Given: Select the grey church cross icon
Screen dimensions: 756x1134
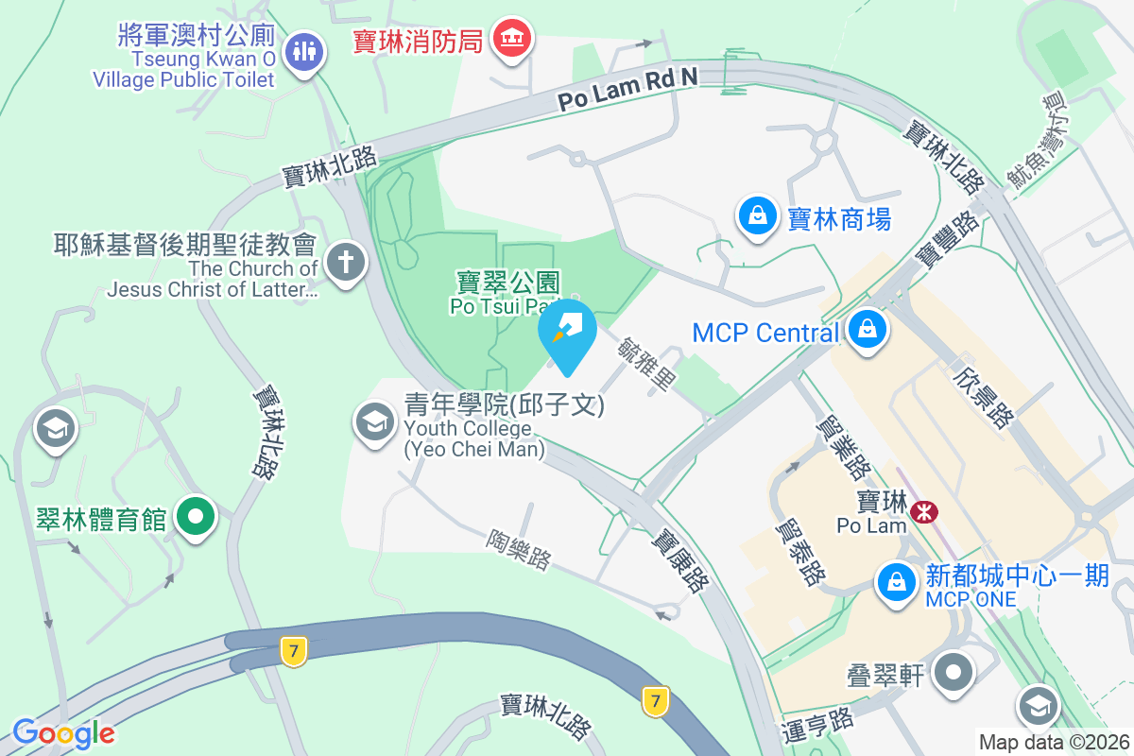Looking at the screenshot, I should point(346,262).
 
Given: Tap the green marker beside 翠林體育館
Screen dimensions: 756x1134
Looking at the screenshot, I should point(197,517).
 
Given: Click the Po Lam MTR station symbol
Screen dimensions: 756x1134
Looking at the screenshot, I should point(923,512).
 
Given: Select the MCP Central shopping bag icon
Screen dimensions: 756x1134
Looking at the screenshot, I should point(866,330).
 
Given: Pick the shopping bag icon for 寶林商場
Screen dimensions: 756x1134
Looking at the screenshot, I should point(758,216).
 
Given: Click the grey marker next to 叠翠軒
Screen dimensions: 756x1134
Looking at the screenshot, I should point(954,674).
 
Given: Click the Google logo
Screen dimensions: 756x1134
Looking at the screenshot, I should point(63,732).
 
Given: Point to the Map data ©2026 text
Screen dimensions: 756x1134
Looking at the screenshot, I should point(1053,743).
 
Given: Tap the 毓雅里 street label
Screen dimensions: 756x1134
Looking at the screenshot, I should point(647,366).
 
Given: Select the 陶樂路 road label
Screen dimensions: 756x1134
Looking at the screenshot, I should point(519,549).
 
